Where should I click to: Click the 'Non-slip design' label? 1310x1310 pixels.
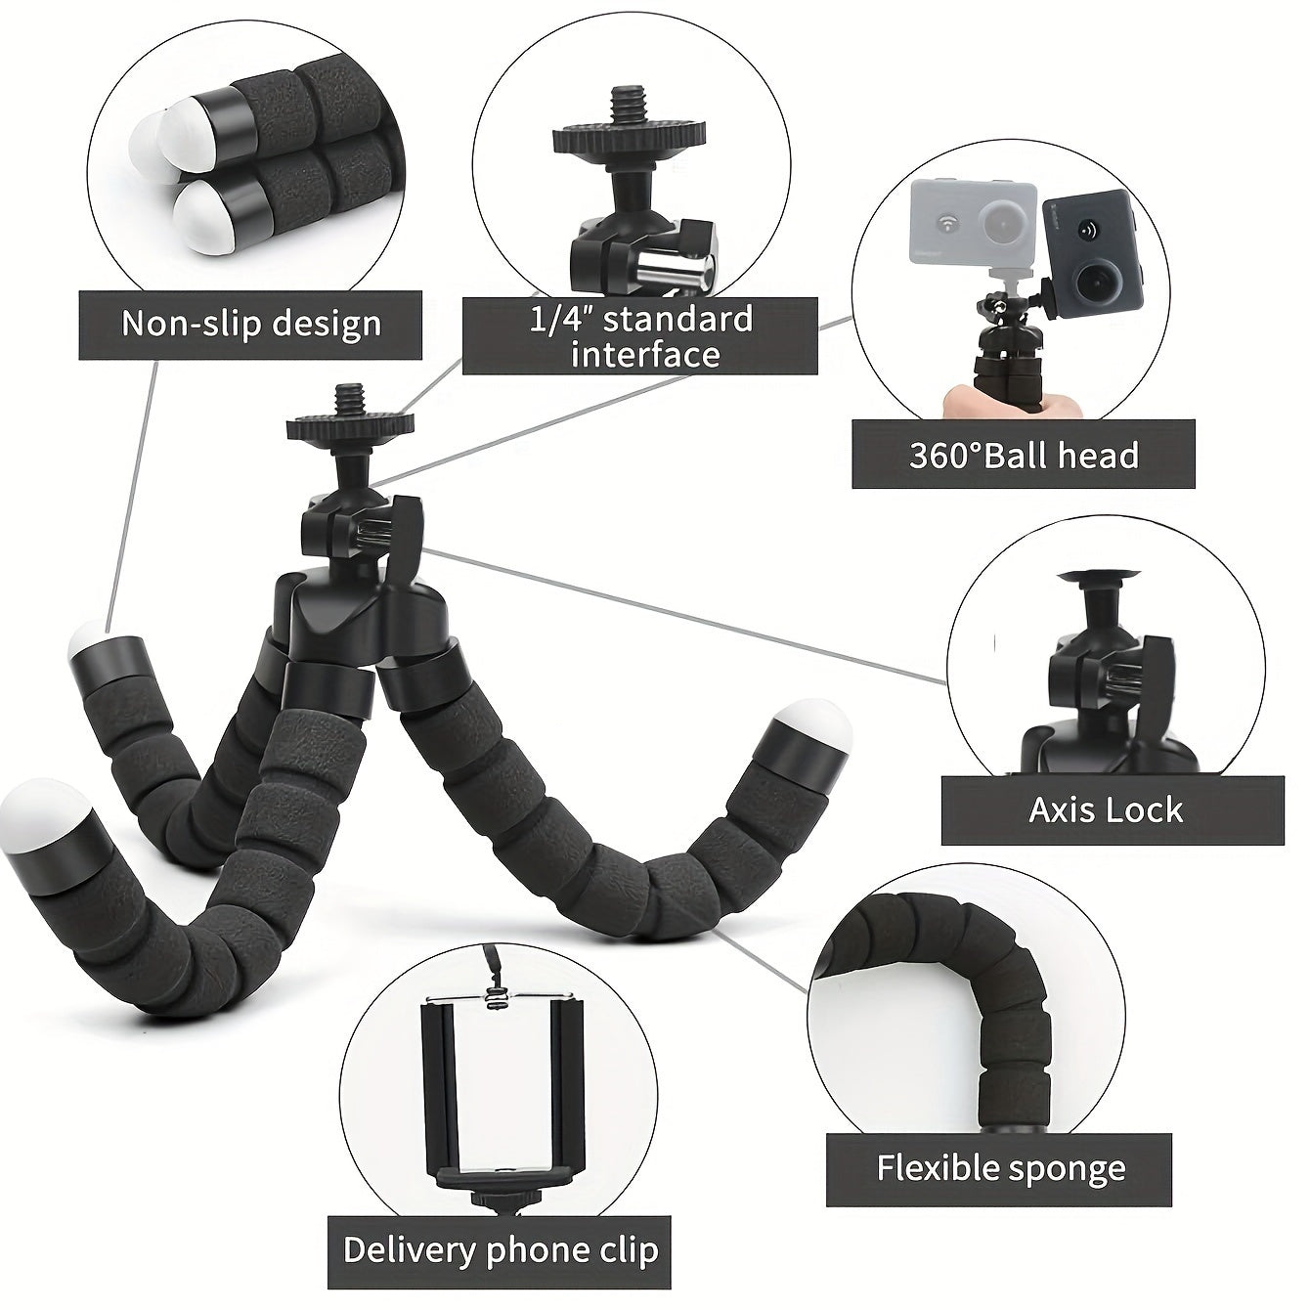point(250,325)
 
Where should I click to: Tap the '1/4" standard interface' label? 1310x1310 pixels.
point(640,336)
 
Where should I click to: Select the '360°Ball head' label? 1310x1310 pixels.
point(1024,456)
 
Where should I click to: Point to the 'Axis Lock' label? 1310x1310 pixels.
point(1112,810)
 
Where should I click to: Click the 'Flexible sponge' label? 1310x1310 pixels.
point(1000,1168)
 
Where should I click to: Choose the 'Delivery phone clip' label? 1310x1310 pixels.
point(500,1250)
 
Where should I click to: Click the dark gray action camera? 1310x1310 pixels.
point(1093,252)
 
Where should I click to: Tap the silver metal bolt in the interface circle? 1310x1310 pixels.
point(680,269)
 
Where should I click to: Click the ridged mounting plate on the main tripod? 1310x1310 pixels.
point(349,426)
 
